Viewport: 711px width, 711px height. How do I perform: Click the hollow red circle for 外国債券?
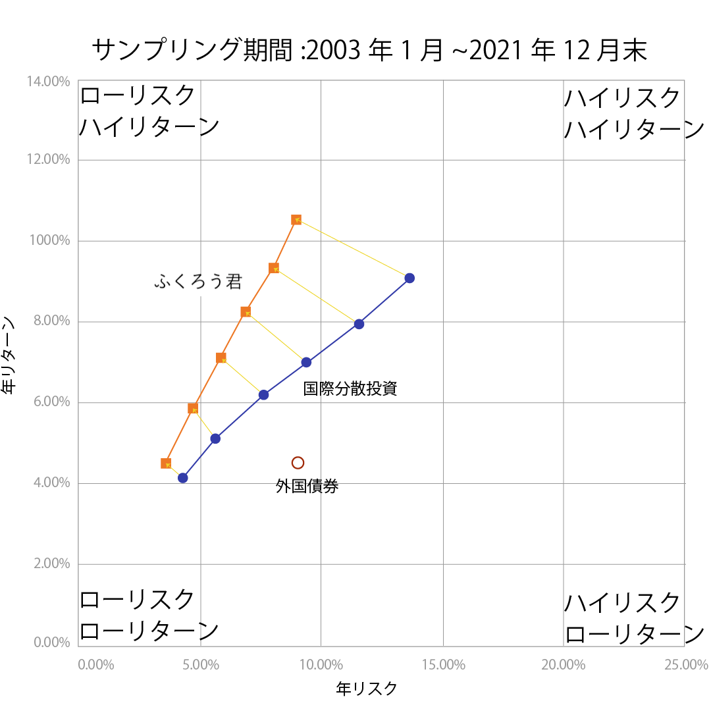[298, 463]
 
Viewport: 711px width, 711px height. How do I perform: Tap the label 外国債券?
[307, 487]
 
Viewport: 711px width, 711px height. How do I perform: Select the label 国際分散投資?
[350, 388]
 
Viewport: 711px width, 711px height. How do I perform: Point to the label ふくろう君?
[198, 282]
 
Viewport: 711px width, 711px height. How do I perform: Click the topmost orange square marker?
[296, 220]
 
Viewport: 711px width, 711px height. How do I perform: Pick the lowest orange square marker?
[166, 463]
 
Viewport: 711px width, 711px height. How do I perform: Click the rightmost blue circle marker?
[409, 278]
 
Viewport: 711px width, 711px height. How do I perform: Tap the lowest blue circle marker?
[183, 478]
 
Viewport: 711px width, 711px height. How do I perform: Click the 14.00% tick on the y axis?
[47, 82]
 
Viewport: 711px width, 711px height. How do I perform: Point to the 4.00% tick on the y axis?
[50, 483]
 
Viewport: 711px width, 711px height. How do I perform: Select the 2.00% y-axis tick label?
[50, 564]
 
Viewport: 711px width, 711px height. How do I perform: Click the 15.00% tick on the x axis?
[444, 665]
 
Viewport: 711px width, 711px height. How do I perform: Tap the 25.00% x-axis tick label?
[686, 665]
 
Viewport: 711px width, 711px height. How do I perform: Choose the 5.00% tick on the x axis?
[200, 665]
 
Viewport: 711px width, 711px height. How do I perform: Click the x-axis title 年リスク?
[367, 689]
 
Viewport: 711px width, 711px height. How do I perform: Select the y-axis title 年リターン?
[9, 355]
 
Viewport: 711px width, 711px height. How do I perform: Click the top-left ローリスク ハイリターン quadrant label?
[149, 111]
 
